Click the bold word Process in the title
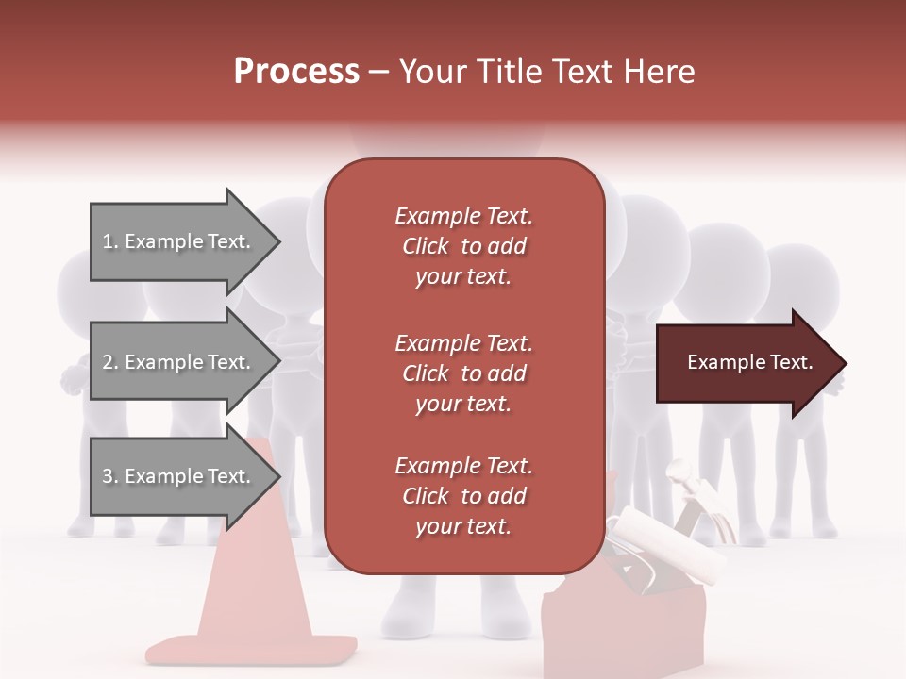click(x=296, y=71)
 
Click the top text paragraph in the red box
click(x=463, y=246)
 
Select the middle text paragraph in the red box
click(x=463, y=373)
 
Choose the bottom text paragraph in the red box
click(x=463, y=496)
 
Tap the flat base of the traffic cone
click(x=251, y=649)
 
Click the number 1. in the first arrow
click(x=110, y=241)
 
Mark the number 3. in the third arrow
click(x=110, y=476)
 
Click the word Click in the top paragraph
click(x=426, y=246)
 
